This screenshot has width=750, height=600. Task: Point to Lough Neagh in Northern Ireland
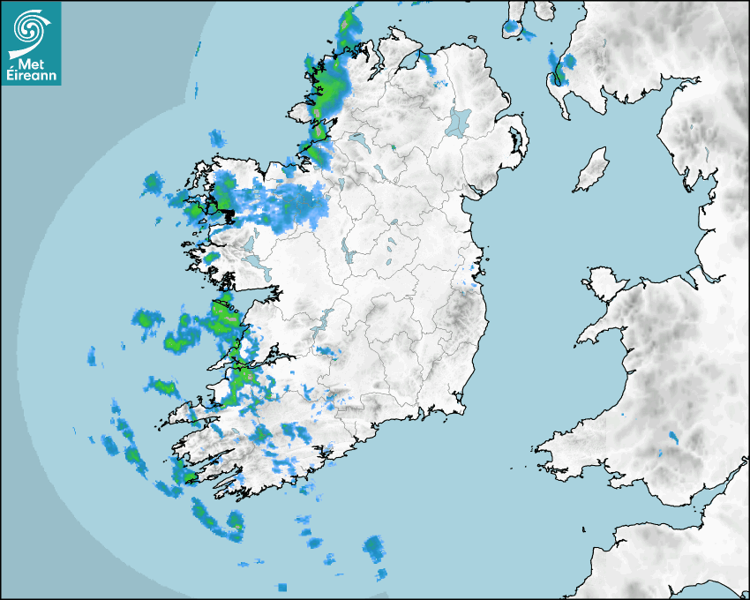460,121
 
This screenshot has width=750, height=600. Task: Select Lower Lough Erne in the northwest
359,139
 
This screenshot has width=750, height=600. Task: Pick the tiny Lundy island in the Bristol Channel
583,529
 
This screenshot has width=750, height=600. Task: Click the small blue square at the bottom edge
282,587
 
